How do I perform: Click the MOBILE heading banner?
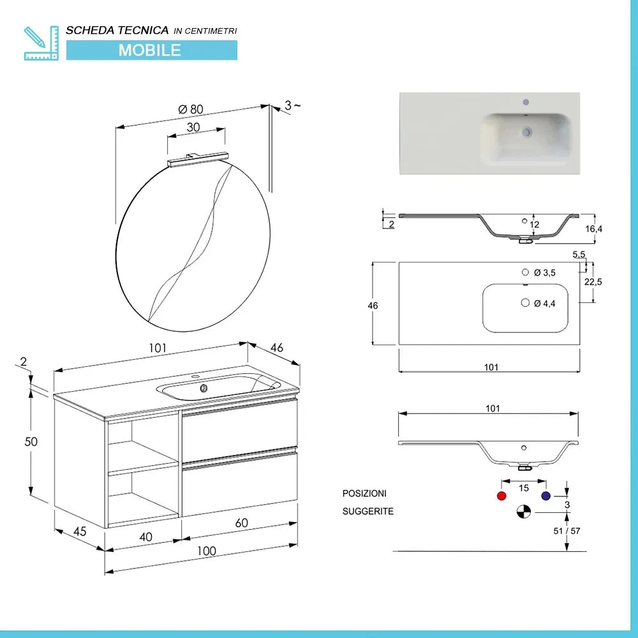(151, 50)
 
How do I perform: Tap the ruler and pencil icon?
(40, 43)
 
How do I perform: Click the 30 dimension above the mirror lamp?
(193, 127)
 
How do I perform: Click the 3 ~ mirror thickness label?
(292, 105)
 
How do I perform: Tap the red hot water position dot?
(501, 496)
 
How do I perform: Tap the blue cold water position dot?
(545, 496)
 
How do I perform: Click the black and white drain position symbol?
(523, 511)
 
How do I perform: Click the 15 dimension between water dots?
(523, 488)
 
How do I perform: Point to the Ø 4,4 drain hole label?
(544, 304)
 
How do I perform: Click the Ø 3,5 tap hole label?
(544, 272)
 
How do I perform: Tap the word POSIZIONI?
(364, 493)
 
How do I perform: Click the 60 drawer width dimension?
(241, 523)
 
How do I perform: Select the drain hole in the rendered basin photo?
(526, 132)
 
